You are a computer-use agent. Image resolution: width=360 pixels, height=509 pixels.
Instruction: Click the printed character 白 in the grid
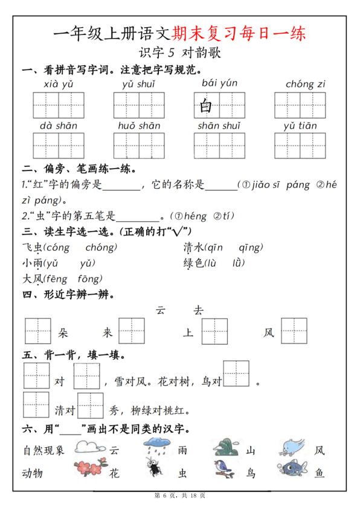(x=206, y=106)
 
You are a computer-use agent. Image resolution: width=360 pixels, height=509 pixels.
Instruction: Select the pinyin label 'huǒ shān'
(x=139, y=126)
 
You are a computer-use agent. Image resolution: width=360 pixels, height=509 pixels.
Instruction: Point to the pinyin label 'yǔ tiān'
(x=300, y=126)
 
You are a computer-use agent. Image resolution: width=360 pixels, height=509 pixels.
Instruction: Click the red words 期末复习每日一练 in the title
(x=239, y=32)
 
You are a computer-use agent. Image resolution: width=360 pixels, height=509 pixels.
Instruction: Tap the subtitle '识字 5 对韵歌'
(x=180, y=53)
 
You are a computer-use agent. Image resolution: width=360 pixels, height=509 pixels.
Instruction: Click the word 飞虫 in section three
(x=32, y=247)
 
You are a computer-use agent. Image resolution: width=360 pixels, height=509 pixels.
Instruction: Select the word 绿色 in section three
(x=193, y=263)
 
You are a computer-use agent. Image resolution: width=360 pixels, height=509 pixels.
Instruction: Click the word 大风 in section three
(x=32, y=279)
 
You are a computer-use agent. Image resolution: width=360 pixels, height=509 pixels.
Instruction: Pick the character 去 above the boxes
(x=198, y=310)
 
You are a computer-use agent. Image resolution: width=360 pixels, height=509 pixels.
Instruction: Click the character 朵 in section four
(x=63, y=332)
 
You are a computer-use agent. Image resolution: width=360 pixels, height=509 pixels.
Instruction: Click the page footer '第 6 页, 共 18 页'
(x=180, y=496)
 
